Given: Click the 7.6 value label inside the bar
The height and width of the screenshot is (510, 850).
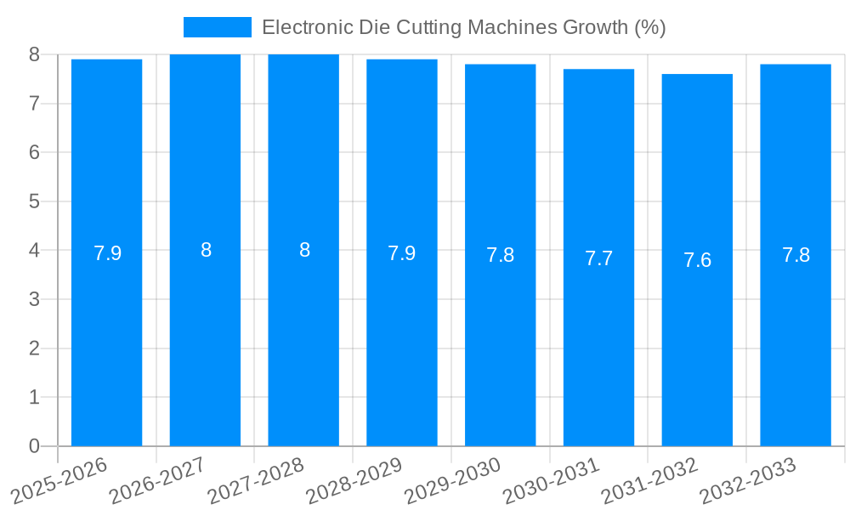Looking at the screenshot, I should [x=697, y=260].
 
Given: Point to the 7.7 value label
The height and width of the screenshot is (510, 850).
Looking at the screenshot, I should [x=598, y=258].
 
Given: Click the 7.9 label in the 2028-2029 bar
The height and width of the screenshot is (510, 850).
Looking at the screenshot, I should [x=401, y=253].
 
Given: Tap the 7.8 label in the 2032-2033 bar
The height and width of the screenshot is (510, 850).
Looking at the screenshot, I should [x=796, y=255].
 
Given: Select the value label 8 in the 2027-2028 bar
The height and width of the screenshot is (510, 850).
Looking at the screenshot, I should [x=304, y=251].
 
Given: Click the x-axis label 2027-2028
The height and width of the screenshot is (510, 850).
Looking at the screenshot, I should [x=256, y=480].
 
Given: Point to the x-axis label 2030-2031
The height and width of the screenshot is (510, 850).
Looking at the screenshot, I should [x=552, y=480].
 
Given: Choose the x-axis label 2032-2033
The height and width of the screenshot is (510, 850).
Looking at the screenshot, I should [x=748, y=480].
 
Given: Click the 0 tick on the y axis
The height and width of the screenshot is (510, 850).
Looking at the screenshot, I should [x=34, y=446].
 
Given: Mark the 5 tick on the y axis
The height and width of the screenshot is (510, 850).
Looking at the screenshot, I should [x=34, y=201].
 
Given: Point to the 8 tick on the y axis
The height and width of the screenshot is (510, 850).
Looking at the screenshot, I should [x=34, y=54].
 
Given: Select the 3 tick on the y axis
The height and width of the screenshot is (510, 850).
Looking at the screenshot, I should [x=34, y=299].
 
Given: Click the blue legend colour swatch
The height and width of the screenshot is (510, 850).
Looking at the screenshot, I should [x=217, y=27].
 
